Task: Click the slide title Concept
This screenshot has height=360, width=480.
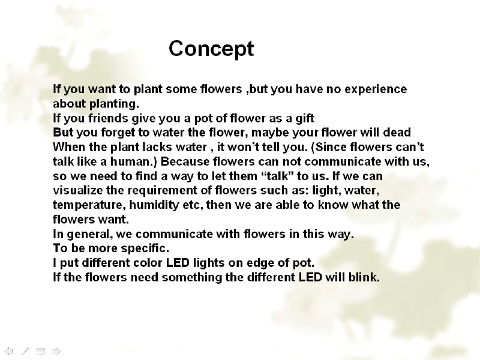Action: click(211, 49)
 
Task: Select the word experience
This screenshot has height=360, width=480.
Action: click(376, 89)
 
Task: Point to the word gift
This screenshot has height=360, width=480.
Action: click(305, 118)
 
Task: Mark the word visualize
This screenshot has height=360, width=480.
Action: click(78, 190)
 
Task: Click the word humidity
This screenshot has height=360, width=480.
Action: click(154, 205)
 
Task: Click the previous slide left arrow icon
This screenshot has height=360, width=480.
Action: click(8, 351)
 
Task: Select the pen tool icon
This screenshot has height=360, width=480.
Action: click(25, 351)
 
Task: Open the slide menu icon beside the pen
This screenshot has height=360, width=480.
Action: click(40, 351)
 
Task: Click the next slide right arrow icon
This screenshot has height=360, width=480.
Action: click(56, 351)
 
